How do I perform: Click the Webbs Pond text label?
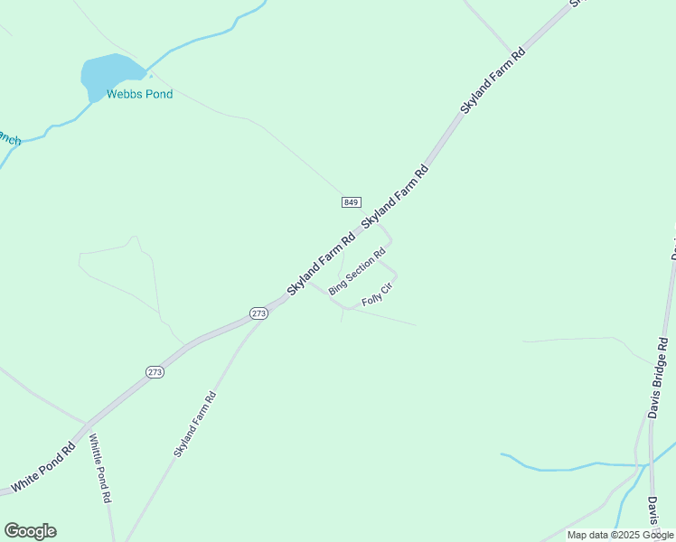(139, 94)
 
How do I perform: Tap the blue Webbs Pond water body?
(109, 74)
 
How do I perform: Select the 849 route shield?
(352, 201)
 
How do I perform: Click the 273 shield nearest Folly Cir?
(259, 313)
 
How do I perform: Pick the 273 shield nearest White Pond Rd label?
(155, 372)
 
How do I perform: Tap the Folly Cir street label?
(380, 294)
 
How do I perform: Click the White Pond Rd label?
(42, 468)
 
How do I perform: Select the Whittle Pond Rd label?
(99, 468)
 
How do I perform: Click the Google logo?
(30, 531)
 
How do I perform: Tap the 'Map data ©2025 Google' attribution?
(620, 535)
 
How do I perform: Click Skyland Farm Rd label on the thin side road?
(195, 424)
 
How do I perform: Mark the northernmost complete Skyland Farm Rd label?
(493, 80)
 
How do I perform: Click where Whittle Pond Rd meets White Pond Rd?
(87, 423)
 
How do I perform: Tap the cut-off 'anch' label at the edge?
(9, 140)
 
